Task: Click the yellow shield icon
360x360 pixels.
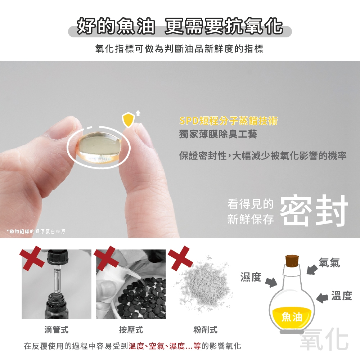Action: point(128,120)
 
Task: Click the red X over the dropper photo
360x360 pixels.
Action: point(32,257)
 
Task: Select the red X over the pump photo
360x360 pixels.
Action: point(106,257)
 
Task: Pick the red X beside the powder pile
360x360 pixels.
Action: point(180,257)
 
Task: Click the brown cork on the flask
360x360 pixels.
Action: point(292,260)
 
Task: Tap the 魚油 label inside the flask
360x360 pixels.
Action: point(292,317)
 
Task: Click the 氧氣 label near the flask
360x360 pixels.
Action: point(329,262)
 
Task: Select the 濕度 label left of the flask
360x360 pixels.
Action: point(251,276)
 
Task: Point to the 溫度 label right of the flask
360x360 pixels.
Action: point(342,295)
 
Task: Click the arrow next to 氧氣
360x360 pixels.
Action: point(312,269)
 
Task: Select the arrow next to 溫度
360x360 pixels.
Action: point(322,298)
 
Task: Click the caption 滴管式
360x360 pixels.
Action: point(56,330)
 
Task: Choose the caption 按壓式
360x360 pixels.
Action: point(131,330)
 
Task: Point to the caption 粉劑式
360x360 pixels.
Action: point(205,330)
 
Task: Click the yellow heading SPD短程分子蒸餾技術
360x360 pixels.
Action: point(229,121)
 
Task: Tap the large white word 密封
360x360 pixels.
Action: point(314,210)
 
